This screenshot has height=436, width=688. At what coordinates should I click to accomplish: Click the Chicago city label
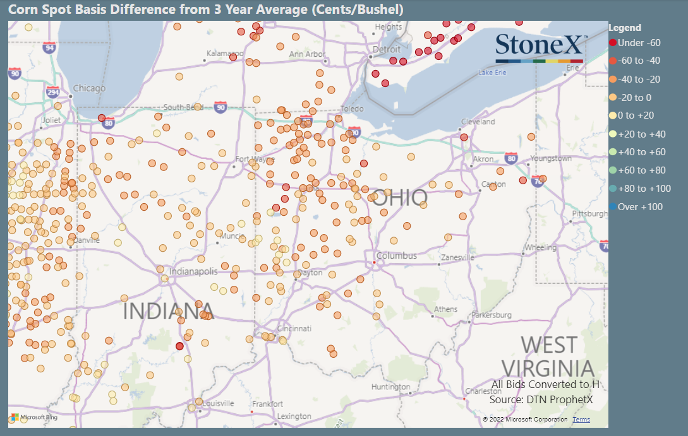pos(89,88)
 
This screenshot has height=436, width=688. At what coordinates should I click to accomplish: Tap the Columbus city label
pos(397,256)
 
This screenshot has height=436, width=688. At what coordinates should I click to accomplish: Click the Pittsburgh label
pos(589,214)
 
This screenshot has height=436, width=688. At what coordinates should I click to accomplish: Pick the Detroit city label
pos(387,50)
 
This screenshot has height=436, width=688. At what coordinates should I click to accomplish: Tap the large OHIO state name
pos(399,198)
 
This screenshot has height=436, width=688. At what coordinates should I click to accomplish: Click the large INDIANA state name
pos(168,311)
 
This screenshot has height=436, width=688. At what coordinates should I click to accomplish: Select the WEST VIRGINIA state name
pos(548,356)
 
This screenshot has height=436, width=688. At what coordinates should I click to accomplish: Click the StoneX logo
pos(540,46)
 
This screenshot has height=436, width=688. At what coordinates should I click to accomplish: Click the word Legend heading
pos(625,28)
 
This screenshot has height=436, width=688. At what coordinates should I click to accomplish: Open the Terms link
pos(581,420)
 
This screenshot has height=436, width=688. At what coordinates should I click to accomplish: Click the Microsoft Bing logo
pos(35,418)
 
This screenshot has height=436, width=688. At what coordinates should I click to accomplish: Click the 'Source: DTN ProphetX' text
pos(541,399)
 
